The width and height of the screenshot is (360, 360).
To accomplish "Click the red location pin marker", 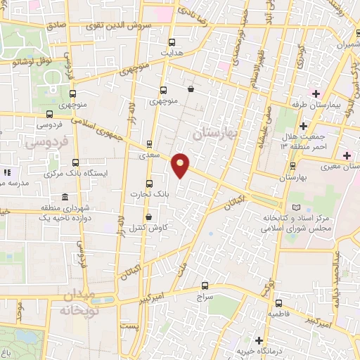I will [181, 165].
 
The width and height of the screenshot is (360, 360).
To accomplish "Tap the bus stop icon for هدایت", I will [173, 42].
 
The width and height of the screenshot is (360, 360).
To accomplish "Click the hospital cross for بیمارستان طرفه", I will [316, 94].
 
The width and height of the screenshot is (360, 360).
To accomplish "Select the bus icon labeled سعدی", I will [148, 143].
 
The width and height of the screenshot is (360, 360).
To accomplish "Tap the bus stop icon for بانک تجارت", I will [148, 184].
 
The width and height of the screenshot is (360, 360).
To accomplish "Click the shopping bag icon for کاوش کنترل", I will [148, 217].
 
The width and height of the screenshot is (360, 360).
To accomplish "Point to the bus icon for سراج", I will [205, 286].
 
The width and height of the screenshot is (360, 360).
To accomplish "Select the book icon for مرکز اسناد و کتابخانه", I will [295, 207].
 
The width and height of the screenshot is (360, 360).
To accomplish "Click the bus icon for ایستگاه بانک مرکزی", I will [75, 162].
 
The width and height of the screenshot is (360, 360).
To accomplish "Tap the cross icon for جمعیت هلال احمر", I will [302, 127].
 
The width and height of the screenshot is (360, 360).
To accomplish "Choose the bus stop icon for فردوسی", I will [49, 114].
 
